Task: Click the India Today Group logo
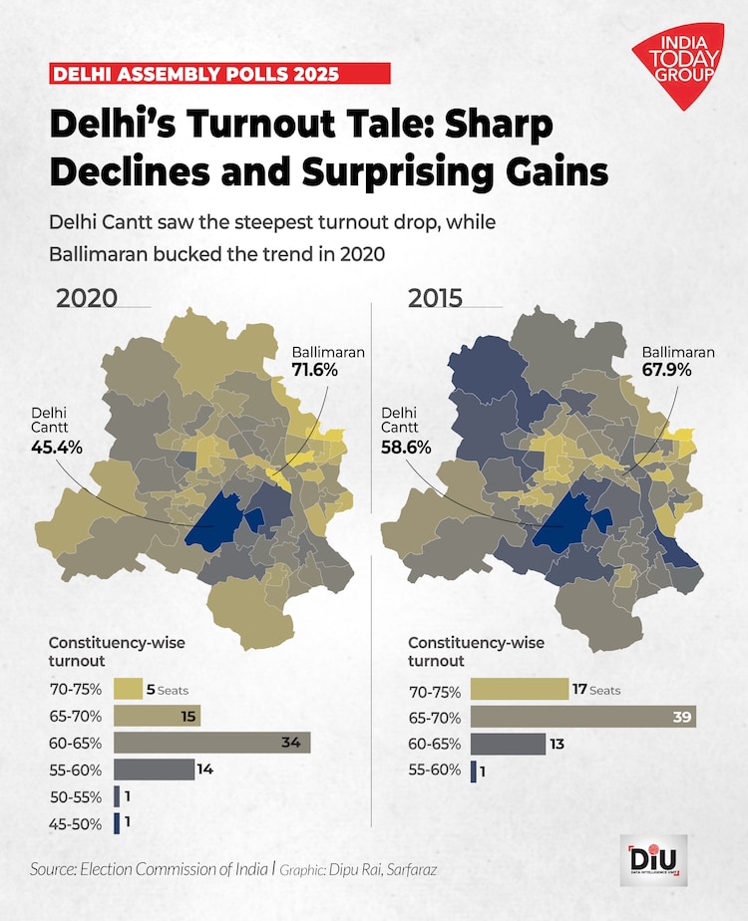[x=677, y=65]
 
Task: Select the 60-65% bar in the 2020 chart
[x=211, y=743]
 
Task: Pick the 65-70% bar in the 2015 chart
[x=582, y=718]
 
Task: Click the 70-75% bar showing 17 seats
[x=526, y=690]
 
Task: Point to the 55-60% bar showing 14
[x=154, y=768]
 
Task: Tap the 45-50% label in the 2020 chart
[x=77, y=823]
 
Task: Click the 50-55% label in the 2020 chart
[x=77, y=796]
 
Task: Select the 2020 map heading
[x=87, y=298]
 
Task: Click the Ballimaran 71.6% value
[x=315, y=370]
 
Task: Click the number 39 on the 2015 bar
[x=681, y=718]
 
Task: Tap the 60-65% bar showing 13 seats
[x=508, y=744]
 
